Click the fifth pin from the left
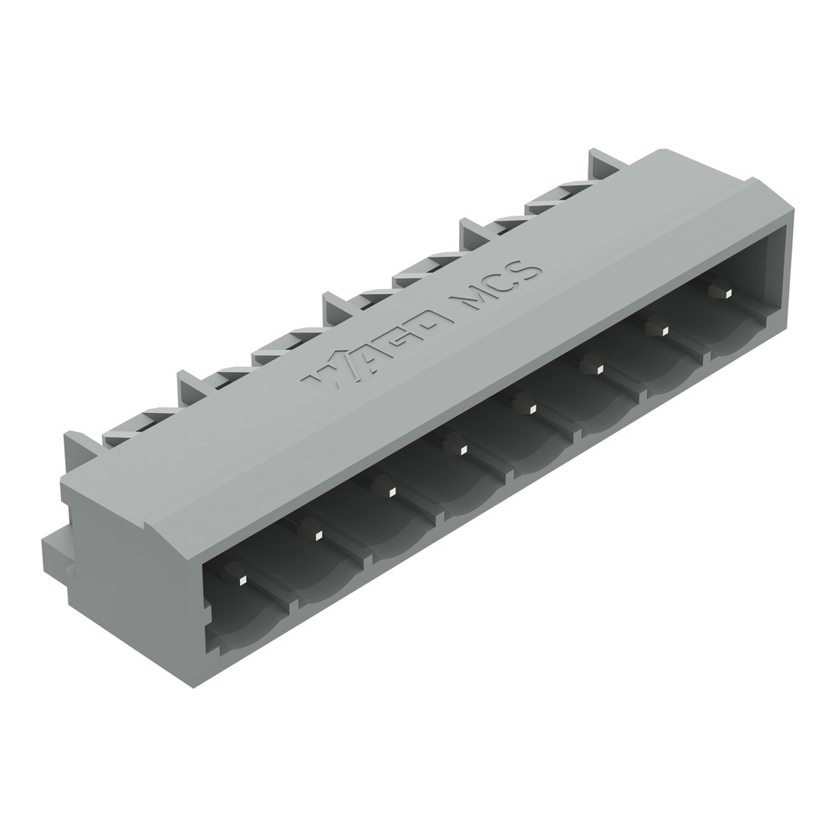[524, 405]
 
